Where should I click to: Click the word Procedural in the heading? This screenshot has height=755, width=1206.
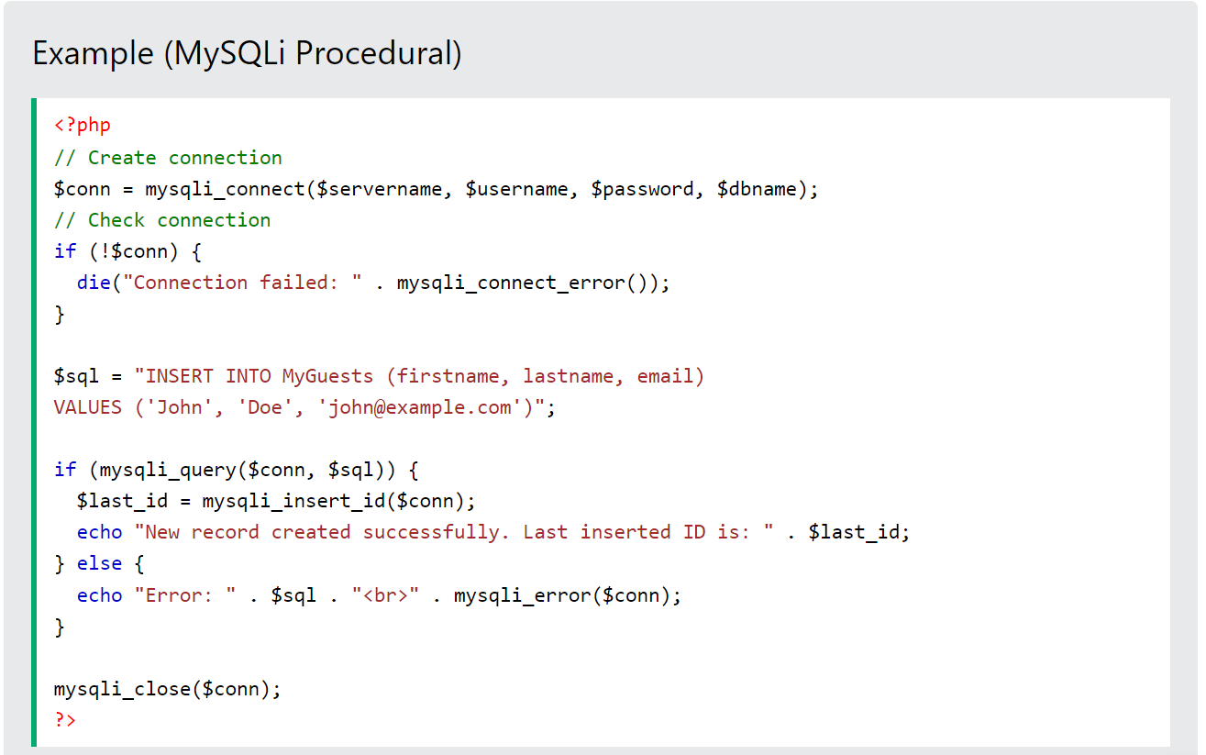pyautogui.click(x=379, y=53)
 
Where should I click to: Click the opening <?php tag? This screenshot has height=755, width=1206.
pyautogui.click(x=83, y=126)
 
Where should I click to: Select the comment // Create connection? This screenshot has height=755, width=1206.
pyautogui.click(x=168, y=158)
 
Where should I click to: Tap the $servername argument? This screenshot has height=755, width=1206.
pyautogui.click(x=379, y=190)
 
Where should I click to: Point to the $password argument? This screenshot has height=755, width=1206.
pyautogui.click(x=642, y=190)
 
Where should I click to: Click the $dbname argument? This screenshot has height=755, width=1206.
pyautogui.click(x=757, y=190)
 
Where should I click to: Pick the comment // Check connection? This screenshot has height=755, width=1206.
pyautogui.click(x=162, y=220)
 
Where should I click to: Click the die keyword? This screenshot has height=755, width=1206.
pyautogui.click(x=94, y=283)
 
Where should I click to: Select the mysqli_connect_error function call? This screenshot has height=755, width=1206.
pyautogui.click(x=527, y=283)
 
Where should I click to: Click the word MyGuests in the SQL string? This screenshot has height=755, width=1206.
pyautogui.click(x=327, y=376)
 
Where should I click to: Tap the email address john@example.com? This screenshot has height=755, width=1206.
pyautogui.click(x=419, y=407)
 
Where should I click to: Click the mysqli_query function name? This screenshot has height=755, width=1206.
pyautogui.click(x=168, y=470)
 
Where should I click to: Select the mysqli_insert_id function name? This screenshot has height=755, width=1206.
pyautogui.click(x=293, y=502)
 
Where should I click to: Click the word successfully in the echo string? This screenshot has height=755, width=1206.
pyautogui.click(x=431, y=533)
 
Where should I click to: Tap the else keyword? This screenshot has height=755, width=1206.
pyautogui.click(x=100, y=564)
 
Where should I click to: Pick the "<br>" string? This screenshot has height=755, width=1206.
pyautogui.click(x=385, y=595)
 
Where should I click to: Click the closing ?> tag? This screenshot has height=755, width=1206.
pyautogui.click(x=65, y=720)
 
